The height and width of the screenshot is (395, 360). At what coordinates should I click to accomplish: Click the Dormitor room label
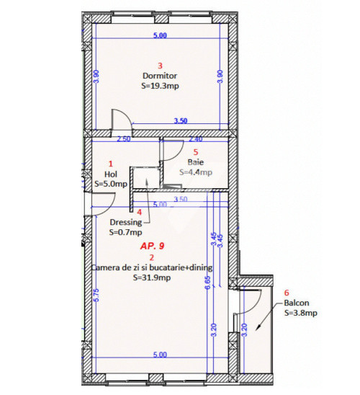click(160, 76)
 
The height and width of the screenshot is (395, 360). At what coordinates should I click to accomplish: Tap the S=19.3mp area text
click(160, 86)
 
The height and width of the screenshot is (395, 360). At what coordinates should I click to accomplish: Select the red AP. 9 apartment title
click(152, 246)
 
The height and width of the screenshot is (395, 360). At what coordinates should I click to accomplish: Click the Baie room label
click(195, 162)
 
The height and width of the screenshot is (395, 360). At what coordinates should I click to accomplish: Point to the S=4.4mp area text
click(196, 172)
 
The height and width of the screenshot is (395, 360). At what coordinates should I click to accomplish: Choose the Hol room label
click(111, 174)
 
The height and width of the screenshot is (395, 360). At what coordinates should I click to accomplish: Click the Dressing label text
click(126, 223)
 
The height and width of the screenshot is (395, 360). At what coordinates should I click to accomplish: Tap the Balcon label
click(297, 303)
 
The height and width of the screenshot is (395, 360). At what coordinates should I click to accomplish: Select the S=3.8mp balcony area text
click(301, 313)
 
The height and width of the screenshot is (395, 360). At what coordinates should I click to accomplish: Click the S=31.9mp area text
click(152, 278)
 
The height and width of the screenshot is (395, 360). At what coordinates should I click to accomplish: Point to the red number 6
click(287, 293)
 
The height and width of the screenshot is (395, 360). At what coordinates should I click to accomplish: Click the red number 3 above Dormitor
click(160, 66)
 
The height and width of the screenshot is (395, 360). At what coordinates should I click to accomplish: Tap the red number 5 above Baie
click(196, 152)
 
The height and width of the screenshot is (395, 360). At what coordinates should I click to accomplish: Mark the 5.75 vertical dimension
click(96, 295)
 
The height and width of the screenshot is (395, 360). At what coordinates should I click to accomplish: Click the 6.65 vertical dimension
click(207, 283)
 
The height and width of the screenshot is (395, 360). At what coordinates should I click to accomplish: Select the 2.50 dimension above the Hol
click(124, 139)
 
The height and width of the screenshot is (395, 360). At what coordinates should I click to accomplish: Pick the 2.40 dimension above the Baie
click(195, 139)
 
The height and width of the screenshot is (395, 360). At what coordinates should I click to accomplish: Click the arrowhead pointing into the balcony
click(258, 327)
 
